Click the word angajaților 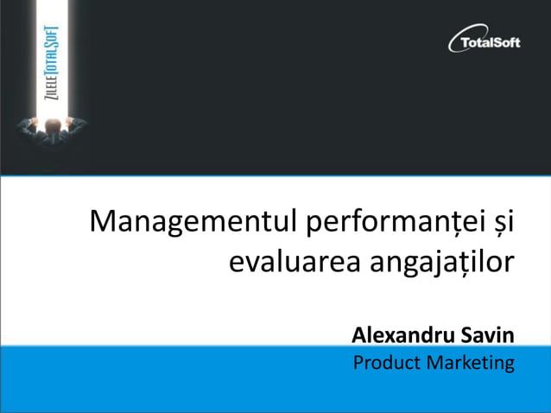coord(441,260)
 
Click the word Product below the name coord(385,362)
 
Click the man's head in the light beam coord(51,124)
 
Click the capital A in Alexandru coord(359,334)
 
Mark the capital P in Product coord(358,362)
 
